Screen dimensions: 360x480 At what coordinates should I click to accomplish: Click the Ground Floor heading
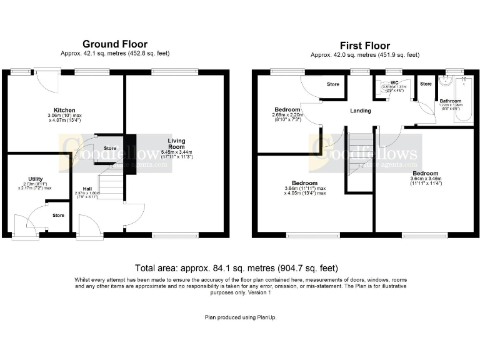point(115,44)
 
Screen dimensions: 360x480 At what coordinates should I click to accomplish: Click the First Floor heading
point(364,46)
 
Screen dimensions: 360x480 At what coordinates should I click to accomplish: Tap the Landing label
point(360,111)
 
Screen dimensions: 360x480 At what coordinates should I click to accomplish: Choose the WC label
point(394,82)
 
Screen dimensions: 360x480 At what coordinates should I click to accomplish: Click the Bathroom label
point(450,101)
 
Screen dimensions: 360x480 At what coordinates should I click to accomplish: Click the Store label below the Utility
point(58,215)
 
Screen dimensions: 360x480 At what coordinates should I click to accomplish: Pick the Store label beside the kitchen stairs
point(110,148)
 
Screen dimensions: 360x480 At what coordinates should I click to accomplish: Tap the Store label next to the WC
point(426,84)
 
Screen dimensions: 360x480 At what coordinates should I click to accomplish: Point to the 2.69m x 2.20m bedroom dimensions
point(287,117)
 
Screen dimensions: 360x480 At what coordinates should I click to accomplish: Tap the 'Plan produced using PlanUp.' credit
point(241,317)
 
